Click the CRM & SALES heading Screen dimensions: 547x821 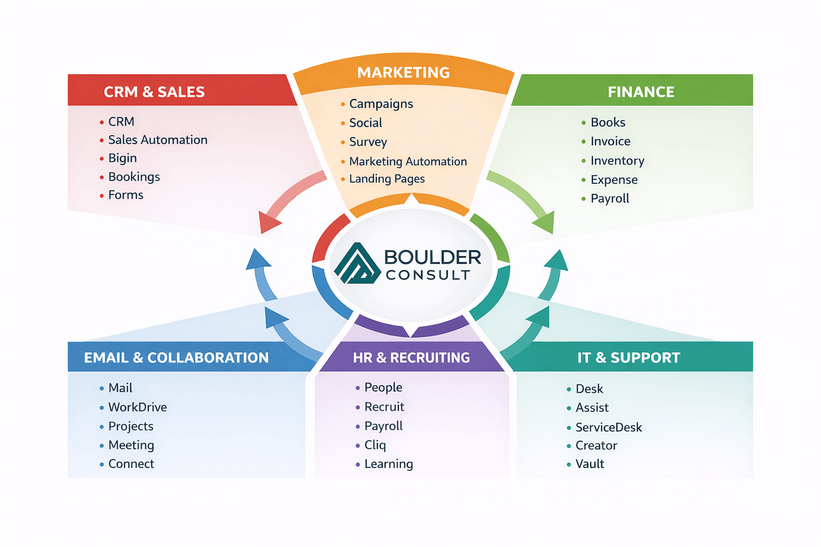[x=154, y=92]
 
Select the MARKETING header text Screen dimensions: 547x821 [x=404, y=73]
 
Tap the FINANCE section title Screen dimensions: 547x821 [x=641, y=92]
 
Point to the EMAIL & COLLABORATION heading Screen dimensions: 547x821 [x=176, y=357]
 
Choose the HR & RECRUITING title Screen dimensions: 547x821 [x=412, y=357]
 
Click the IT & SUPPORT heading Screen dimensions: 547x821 [x=629, y=357]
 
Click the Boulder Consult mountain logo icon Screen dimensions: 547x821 [x=357, y=264]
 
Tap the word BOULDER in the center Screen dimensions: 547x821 [x=432, y=257]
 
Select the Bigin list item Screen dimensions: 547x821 [x=122, y=158]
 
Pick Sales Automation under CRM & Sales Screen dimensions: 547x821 [x=158, y=140]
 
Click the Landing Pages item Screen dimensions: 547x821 [x=386, y=179]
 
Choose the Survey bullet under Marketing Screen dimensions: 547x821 [x=368, y=142]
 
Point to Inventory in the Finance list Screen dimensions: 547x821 [x=617, y=161]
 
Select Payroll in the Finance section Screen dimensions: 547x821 [x=610, y=199]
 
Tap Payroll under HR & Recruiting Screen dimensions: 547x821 [x=383, y=426]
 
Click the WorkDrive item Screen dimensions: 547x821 [x=137, y=407]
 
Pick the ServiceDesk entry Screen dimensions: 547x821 [x=608, y=427]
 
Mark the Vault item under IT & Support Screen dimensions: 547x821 [x=590, y=464]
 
